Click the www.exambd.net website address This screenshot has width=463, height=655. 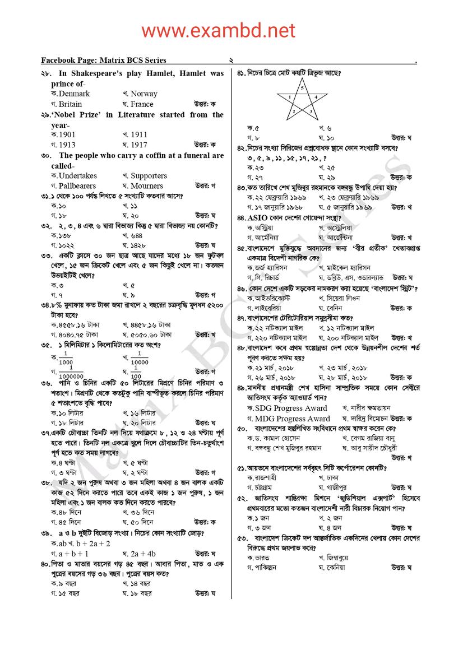(x=218, y=30)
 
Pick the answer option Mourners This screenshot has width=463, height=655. (x=146, y=185)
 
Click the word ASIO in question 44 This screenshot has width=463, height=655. (x=259, y=217)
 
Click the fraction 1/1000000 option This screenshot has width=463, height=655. (x=71, y=371)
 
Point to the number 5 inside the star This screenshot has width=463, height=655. (x=302, y=89)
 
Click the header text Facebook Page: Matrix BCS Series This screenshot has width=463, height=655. (x=103, y=60)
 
